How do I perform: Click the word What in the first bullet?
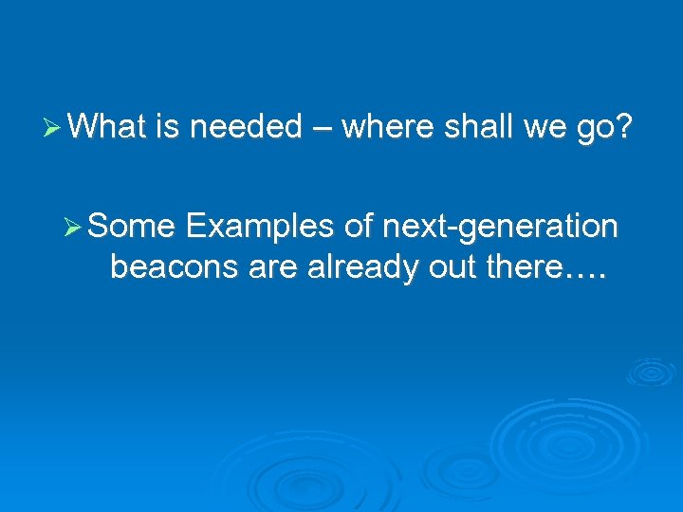coord(104,126)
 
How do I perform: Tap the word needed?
coord(246,126)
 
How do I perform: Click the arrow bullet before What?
coord(53,126)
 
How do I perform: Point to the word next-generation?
coord(500,229)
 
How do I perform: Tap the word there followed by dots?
coord(536,268)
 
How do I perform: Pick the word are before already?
coord(275,268)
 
